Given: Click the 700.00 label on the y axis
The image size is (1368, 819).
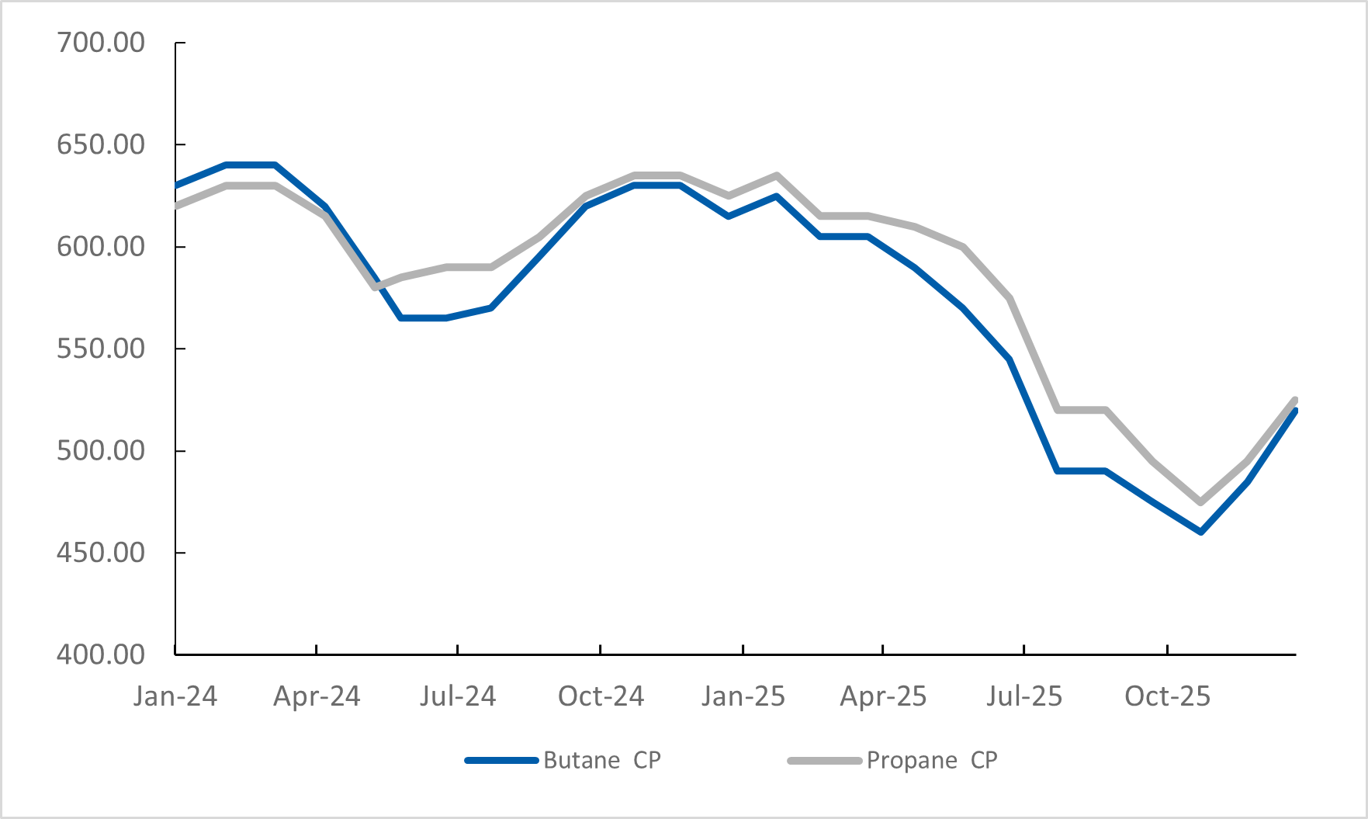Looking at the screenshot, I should pyautogui.click(x=101, y=43).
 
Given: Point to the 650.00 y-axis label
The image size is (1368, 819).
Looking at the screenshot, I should pyautogui.click(x=101, y=144).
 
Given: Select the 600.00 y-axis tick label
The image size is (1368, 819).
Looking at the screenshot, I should pyautogui.click(x=101, y=247).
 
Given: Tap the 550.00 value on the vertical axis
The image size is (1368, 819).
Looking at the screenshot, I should pyautogui.click(x=101, y=349).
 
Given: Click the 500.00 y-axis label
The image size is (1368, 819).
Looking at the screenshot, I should pyautogui.click(x=101, y=451).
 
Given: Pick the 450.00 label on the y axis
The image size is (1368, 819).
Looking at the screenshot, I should pyautogui.click(x=101, y=553).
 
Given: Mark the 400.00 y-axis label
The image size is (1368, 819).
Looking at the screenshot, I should pyautogui.click(x=101, y=654).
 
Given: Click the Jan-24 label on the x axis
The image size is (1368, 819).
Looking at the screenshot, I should pyautogui.click(x=175, y=696).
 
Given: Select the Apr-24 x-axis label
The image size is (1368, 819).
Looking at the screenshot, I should pyautogui.click(x=317, y=696).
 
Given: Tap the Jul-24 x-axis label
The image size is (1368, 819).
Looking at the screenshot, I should pyautogui.click(x=458, y=696).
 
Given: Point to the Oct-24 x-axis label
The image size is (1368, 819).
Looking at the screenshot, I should pyautogui.click(x=601, y=696).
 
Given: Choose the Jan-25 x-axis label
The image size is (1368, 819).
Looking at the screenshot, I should pyautogui.click(x=743, y=696).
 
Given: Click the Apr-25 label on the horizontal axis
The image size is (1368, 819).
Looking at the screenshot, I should pyautogui.click(x=883, y=696).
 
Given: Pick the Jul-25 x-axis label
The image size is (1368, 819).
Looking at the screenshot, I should pyautogui.click(x=1024, y=696).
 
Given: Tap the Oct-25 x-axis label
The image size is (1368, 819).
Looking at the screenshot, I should pyautogui.click(x=1167, y=696).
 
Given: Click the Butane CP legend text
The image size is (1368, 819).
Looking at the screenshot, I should pyautogui.click(x=602, y=760).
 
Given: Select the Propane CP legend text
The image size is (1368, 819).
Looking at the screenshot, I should pyautogui.click(x=932, y=760).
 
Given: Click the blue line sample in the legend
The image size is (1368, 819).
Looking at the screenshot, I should pyautogui.click(x=502, y=761).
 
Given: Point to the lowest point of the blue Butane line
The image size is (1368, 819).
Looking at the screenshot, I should pyautogui.click(x=1200, y=532).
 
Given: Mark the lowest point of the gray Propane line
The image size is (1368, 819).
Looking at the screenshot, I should pyautogui.click(x=1200, y=502).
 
